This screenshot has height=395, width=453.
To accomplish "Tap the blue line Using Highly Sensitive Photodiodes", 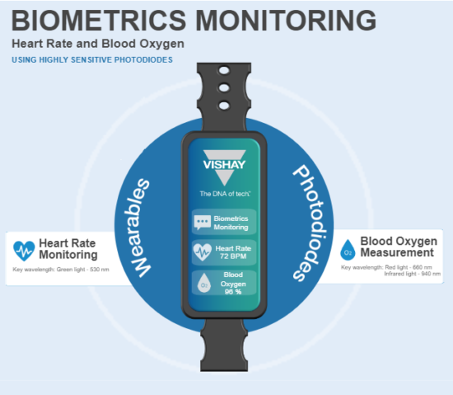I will coord(92,59).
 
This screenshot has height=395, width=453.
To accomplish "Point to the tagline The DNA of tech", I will coord(225,194).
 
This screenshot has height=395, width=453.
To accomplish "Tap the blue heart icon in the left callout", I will coord(25,250).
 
